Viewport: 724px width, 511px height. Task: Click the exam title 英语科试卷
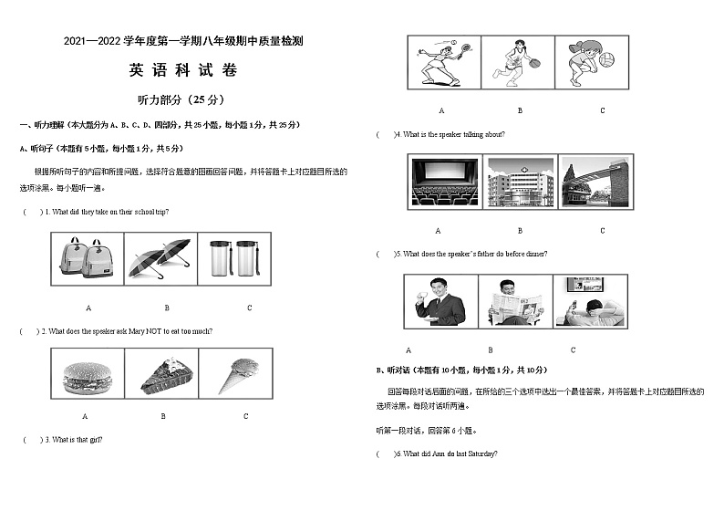coord(181,70)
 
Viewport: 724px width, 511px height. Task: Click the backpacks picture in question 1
coord(88,258)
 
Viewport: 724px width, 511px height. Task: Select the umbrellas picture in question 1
coord(159,258)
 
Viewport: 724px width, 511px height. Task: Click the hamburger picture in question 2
coord(88,374)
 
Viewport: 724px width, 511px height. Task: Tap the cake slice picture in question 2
coord(164,374)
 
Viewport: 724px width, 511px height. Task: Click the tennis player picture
coord(441,63)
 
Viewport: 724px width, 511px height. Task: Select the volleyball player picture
coord(594,63)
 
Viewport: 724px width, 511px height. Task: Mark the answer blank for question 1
coord(34,212)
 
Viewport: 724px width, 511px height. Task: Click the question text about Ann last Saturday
coord(450,454)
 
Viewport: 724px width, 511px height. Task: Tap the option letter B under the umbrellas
coord(166,308)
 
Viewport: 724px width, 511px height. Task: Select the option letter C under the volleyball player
coord(602,110)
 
